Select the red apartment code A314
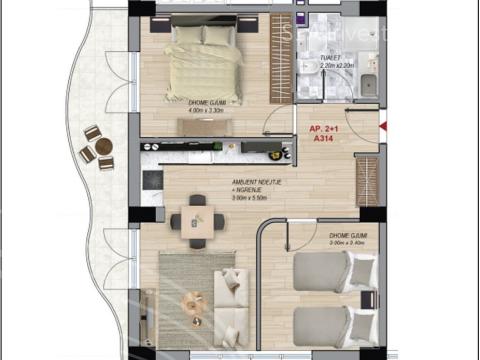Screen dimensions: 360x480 point(322,141)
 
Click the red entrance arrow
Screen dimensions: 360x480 point(385,125)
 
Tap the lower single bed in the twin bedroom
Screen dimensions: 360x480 point(333,325)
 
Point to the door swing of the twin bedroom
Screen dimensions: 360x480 point(275,240)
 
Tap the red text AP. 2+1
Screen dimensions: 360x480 point(322,130)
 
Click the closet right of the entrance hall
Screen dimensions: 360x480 point(368,180)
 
